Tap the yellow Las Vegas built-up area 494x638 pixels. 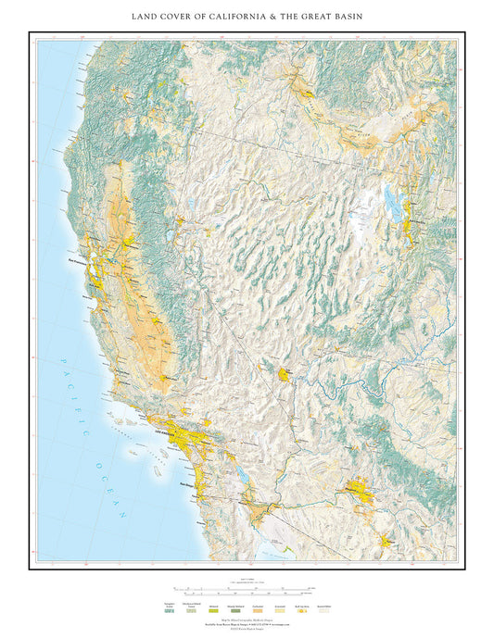(x=282, y=374)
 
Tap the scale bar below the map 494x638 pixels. (x=247, y=588)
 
